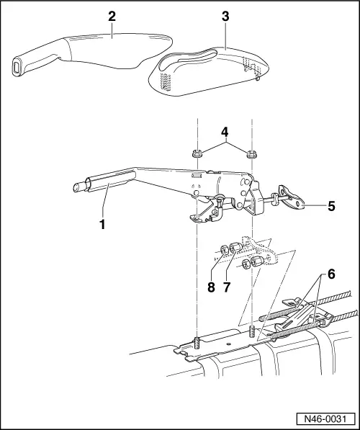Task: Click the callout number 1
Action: tap(103, 224)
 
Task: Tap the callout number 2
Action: tap(112, 15)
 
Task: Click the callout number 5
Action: tap(331, 205)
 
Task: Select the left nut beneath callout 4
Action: tap(196, 153)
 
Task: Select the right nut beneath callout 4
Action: tap(252, 153)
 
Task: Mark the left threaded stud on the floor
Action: tap(197, 341)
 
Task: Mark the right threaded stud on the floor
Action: tap(252, 333)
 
